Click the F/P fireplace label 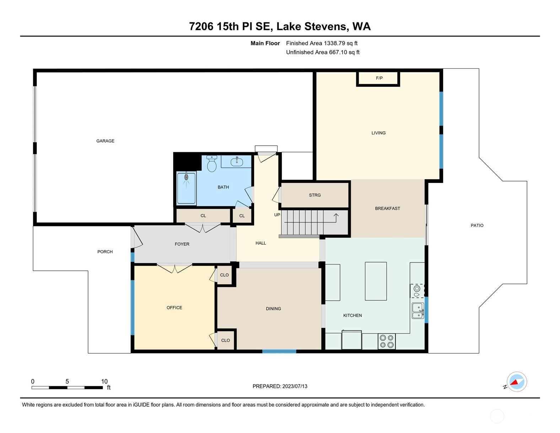[379, 78]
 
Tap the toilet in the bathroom [211, 164]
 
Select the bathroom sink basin [237, 162]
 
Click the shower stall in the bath [186, 188]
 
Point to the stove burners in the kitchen [387, 341]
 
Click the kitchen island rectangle [376, 281]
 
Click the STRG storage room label [315, 195]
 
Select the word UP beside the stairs [277, 215]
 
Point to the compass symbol [516, 382]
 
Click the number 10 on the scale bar [104, 381]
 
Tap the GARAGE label [105, 141]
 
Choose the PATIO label [477, 225]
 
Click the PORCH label [105, 252]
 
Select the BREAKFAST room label [387, 208]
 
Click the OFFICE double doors [174, 268]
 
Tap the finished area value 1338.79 [334, 43]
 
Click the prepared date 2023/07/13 [295, 386]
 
